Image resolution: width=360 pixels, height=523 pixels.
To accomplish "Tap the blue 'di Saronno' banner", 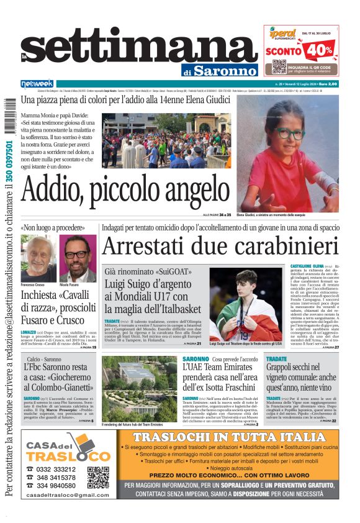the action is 220,71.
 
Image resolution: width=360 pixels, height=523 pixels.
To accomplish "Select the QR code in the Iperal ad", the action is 279,67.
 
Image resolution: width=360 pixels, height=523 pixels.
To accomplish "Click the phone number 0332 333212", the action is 56,469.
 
